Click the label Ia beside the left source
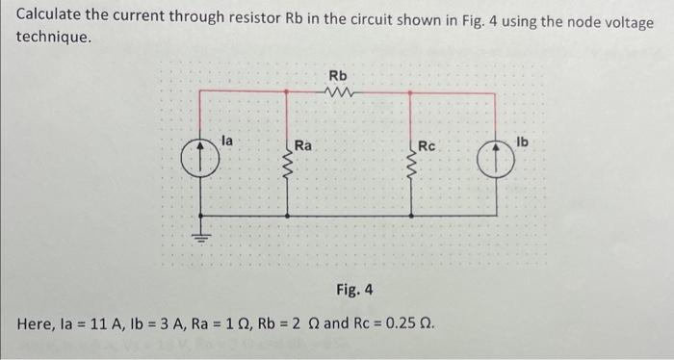coord(227,141)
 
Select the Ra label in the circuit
coord(303,146)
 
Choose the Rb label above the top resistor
coord(338,75)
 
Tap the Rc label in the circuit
coord(427,146)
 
